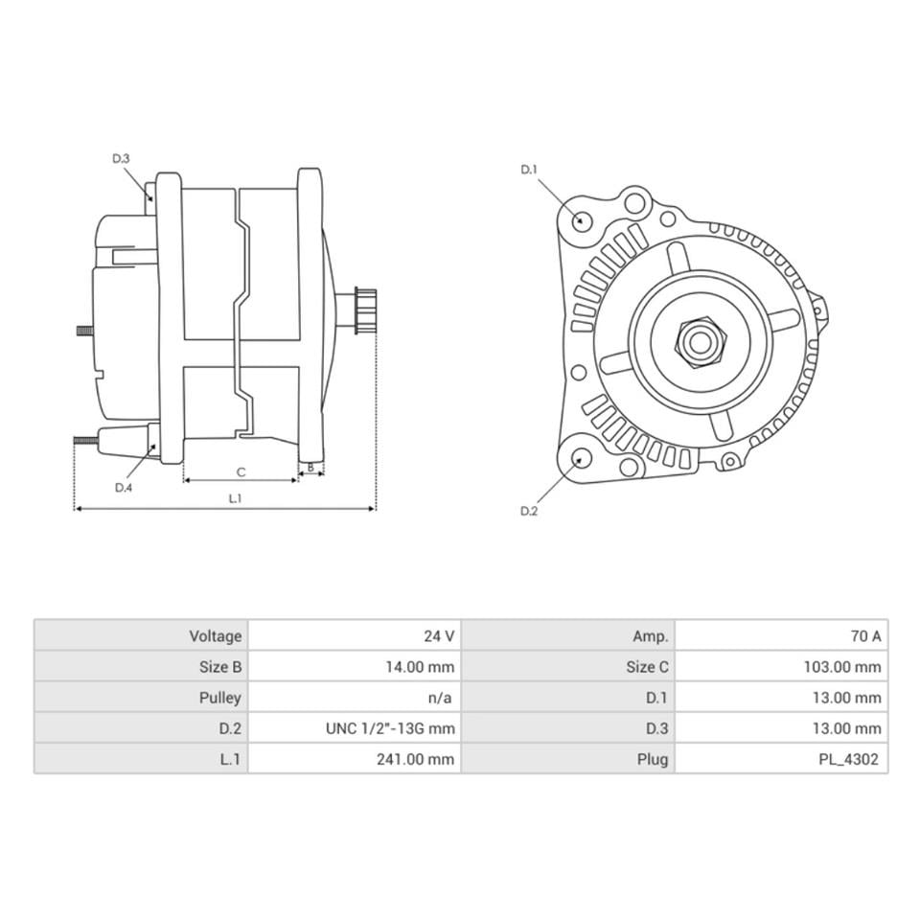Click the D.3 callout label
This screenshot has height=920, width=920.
point(120,158)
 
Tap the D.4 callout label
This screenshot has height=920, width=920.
point(123,487)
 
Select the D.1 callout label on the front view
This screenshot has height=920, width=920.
point(529,170)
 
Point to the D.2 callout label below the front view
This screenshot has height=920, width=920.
point(529,511)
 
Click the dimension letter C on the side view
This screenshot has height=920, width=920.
point(241,471)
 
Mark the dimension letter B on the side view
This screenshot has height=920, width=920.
point(310,469)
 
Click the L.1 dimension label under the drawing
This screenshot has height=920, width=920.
point(235,498)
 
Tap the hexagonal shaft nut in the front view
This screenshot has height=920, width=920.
point(698,342)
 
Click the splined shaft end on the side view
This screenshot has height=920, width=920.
point(365,310)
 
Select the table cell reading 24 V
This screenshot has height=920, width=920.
point(439,636)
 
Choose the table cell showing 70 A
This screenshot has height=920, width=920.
point(864,636)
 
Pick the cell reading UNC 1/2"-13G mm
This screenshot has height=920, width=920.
point(390,728)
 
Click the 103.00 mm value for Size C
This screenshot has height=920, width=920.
point(841,667)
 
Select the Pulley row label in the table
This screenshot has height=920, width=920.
point(219,698)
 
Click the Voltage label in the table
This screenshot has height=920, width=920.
point(215,636)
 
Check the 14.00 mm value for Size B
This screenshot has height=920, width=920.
point(419,667)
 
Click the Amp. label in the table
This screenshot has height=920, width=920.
point(650,636)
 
